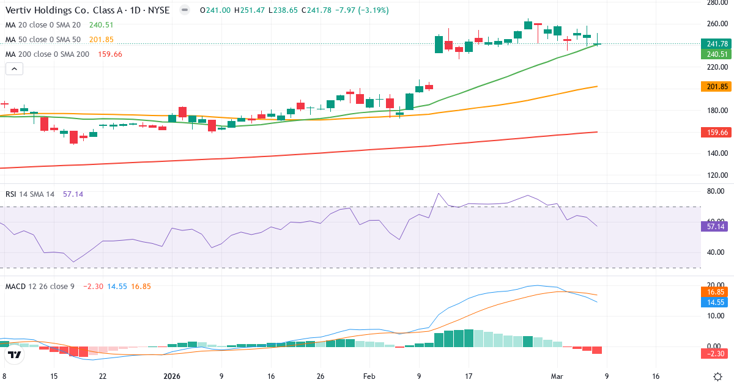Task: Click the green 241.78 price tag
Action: tap(716, 44)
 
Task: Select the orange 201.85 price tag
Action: tap(716, 87)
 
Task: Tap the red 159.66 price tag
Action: tap(716, 132)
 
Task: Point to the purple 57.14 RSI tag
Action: tap(716, 226)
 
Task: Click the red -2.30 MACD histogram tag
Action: tap(716, 353)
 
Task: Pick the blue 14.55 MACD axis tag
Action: tap(716, 302)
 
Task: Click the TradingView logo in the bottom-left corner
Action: tap(14, 355)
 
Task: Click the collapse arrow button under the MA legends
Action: tap(14, 69)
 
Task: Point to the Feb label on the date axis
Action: tap(369, 376)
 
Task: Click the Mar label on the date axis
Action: tap(557, 376)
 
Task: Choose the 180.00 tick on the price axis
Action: tap(716, 111)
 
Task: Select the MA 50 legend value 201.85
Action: tap(101, 40)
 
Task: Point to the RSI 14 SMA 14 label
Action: tap(30, 194)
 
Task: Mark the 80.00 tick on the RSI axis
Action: tap(716, 191)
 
